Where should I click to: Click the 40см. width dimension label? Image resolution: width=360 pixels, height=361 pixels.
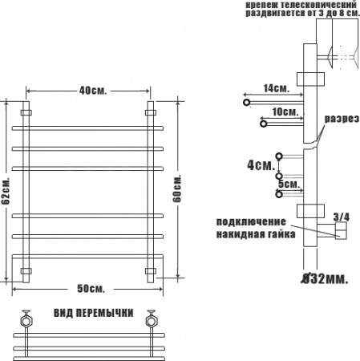[x=93, y=91]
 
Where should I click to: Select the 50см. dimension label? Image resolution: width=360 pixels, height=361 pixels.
[x=91, y=289]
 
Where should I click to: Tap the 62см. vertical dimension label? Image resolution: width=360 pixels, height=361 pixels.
[x=6, y=190]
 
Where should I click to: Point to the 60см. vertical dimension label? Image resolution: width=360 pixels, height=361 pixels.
[x=176, y=189]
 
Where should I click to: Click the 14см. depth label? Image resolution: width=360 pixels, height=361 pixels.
[x=277, y=88]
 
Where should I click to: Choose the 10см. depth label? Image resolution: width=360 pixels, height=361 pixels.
[x=285, y=112]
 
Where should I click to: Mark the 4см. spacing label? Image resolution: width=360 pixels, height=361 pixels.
[x=261, y=165]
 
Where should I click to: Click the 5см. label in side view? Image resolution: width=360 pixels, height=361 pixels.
[x=289, y=184]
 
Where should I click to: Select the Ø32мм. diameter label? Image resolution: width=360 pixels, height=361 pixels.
[x=325, y=279]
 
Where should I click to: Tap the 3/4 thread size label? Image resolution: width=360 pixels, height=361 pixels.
[x=342, y=217]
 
